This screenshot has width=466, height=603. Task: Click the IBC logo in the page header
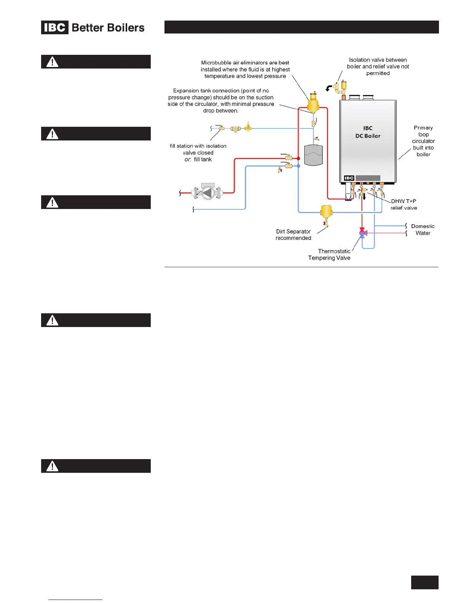pos(55,27)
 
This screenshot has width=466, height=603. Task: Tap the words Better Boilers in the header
pos(108,28)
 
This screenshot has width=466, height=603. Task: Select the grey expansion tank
pos(313,155)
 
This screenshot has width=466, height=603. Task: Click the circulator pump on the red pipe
pos(207,193)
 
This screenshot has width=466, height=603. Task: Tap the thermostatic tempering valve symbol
pos(362,233)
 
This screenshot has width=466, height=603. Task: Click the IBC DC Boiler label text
pos(368,132)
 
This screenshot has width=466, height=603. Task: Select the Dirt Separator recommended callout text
pos(294,235)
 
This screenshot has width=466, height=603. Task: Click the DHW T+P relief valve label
pos(404,204)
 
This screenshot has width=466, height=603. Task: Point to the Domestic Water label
pos(423,230)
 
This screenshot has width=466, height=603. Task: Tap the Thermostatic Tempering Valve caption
pos(329,255)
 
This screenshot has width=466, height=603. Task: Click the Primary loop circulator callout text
pos(423,141)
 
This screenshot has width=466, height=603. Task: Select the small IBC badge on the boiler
pos(349,178)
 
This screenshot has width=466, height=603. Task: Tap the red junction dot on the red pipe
pos(298,158)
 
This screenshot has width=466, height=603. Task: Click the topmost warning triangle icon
pos(53,62)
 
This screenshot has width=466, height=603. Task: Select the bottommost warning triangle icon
pos(53,466)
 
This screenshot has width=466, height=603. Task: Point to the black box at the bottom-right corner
pos(425,582)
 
